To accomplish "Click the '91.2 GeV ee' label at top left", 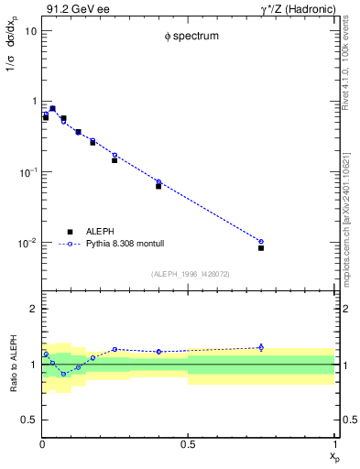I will click(74, 9).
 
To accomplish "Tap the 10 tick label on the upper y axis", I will click(30, 31).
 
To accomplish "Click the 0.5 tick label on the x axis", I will click(188, 444).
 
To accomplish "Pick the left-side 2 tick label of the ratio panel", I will click(32, 310).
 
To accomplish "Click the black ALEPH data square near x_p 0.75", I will click(261, 248).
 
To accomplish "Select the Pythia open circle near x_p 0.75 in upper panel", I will click(261, 242).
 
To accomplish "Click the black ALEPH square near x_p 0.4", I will click(158, 186).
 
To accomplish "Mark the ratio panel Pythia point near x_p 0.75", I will click(261, 347).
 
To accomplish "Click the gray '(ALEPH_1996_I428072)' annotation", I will click(190, 274).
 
